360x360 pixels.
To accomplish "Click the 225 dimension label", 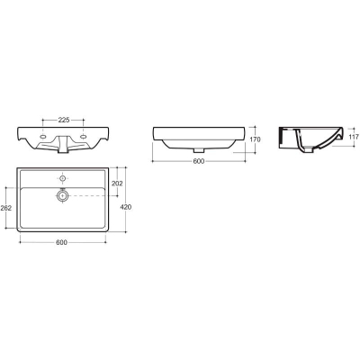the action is pyautogui.click(x=64, y=120).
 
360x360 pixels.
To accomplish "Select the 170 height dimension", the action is pyautogui.click(x=255, y=139).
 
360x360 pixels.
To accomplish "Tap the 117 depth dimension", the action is pyautogui.click(x=354, y=137).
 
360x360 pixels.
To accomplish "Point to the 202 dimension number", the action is pyautogui.click(x=117, y=183).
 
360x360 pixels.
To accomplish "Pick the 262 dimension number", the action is pyautogui.click(x=6, y=208).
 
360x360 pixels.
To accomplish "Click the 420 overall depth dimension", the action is pyautogui.click(x=126, y=207).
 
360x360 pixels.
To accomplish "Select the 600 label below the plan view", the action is pyautogui.click(x=61, y=242).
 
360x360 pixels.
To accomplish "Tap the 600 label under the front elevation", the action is pyautogui.click(x=199, y=161).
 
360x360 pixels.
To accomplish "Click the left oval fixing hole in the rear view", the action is pyautogui.click(x=43, y=137).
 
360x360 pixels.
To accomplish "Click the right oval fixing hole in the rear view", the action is pyautogui.click(x=84, y=137).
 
